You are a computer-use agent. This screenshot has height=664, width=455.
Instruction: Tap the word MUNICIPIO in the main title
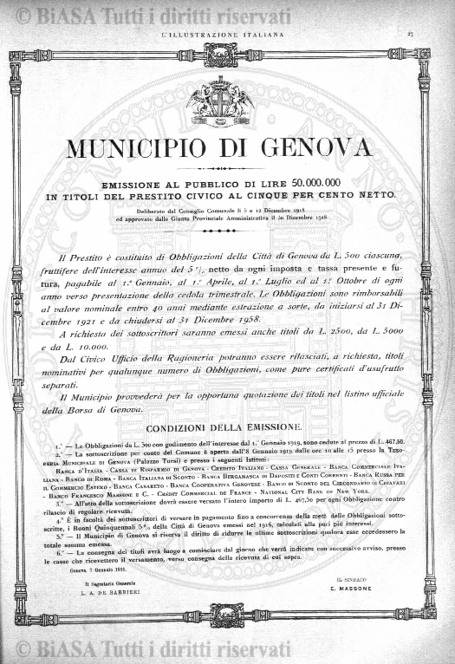pyautogui.click(x=134, y=147)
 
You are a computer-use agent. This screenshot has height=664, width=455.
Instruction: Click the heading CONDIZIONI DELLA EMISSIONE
pyautogui.click(x=224, y=427)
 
